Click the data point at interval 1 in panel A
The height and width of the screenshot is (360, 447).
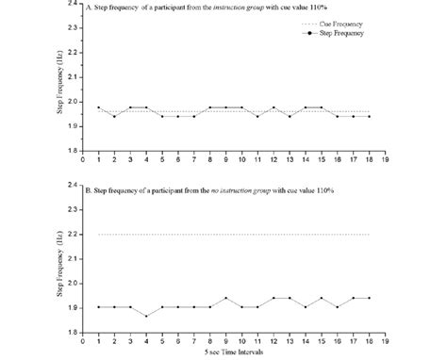[x=98, y=107]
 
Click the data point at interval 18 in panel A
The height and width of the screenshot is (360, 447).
[x=370, y=116]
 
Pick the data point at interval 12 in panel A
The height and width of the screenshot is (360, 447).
[x=273, y=107]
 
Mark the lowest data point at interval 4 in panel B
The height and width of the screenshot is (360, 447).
[x=145, y=316]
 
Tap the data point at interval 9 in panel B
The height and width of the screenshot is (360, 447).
[x=225, y=298]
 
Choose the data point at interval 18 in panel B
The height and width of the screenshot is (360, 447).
[x=370, y=298]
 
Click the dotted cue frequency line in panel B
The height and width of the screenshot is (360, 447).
[x=236, y=234]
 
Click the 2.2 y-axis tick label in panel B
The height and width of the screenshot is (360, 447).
[x=74, y=234]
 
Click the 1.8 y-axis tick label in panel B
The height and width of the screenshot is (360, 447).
[x=74, y=332]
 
